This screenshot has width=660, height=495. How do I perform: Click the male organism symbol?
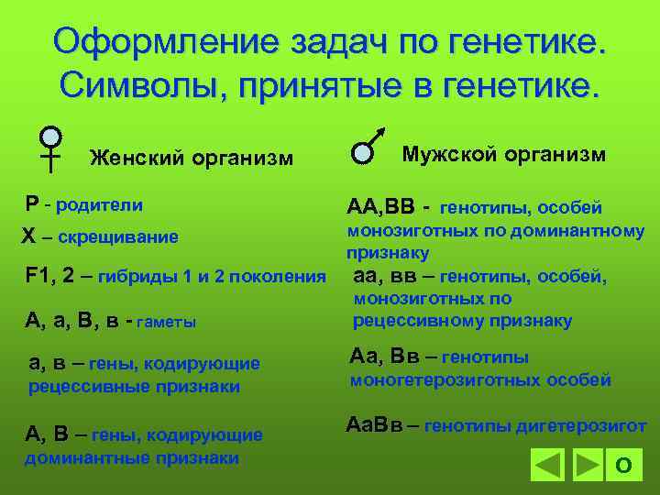368,147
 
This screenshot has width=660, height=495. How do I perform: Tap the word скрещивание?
118,238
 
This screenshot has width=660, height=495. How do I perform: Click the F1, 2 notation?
48,275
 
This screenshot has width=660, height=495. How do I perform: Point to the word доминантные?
82,457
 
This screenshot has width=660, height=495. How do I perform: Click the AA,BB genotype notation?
380,206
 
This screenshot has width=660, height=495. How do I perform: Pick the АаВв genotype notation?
374,426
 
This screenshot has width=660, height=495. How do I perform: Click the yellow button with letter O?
623,465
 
